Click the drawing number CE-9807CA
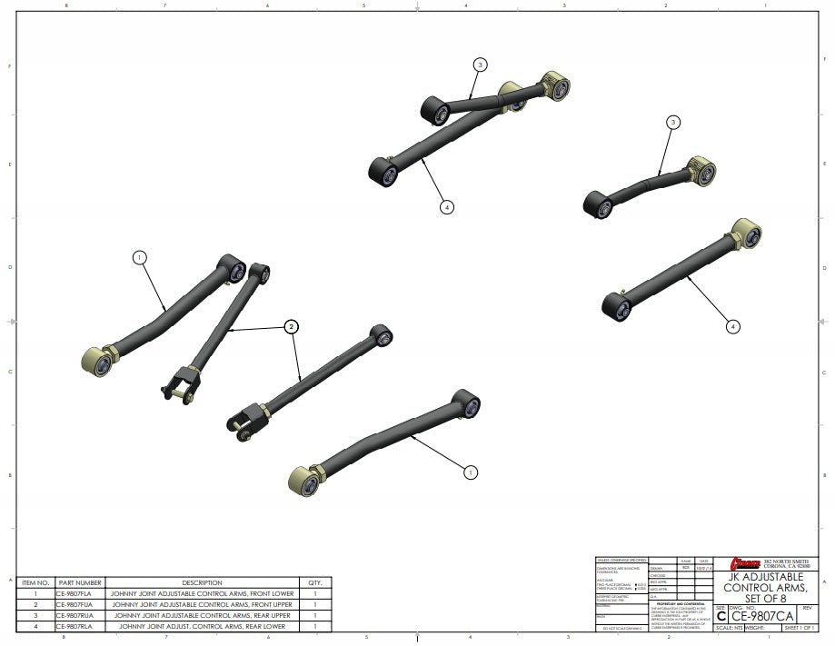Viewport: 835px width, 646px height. coord(762,616)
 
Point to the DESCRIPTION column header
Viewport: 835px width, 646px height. coord(202,582)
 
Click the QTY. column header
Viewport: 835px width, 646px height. coord(315,582)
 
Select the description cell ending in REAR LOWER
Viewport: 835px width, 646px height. coord(202,626)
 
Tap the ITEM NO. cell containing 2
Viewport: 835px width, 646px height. coord(35,604)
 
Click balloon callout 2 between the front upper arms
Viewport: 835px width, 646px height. coord(292,325)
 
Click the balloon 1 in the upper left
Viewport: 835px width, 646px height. coord(139,257)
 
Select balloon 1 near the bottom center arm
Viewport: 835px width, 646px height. coord(471,472)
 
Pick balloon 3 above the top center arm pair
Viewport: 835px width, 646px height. coord(481,65)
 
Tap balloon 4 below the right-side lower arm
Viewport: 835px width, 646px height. coord(733,325)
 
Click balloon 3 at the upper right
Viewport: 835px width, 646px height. coord(673,122)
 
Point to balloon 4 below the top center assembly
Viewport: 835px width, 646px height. coord(446,207)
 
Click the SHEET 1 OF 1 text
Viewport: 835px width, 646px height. coord(799,628)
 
